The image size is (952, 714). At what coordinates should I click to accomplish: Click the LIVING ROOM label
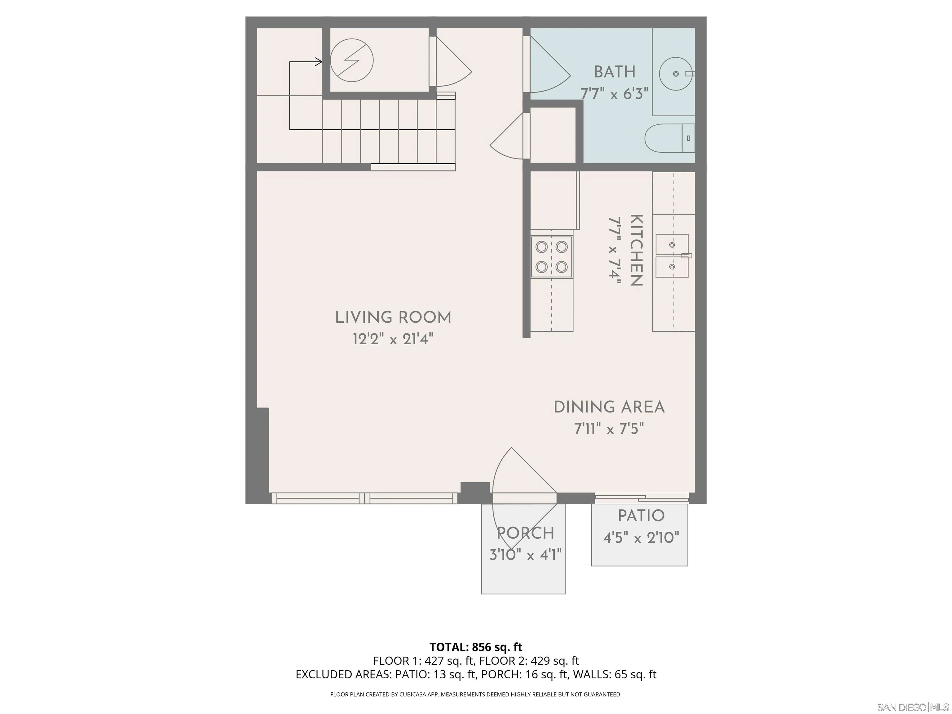point(393,318)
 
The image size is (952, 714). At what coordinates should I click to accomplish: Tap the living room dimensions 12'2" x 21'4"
point(393,340)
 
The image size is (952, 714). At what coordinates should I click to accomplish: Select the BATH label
point(615,72)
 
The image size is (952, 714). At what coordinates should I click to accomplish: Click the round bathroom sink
point(676,73)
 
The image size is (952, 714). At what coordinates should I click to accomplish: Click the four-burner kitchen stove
point(551,257)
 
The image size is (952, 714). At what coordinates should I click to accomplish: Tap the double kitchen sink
point(672,256)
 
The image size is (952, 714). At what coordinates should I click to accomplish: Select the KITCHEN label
point(636,250)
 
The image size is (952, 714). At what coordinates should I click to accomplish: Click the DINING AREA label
point(609,407)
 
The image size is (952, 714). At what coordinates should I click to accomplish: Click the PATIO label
point(641,516)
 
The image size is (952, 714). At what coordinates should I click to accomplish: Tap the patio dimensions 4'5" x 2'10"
point(641,538)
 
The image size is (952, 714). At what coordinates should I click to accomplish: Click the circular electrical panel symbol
point(352,60)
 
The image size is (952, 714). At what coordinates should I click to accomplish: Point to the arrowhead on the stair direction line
point(319,62)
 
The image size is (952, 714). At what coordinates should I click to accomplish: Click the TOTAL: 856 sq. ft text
point(476,647)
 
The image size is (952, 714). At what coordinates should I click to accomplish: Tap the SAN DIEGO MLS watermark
point(912,707)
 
